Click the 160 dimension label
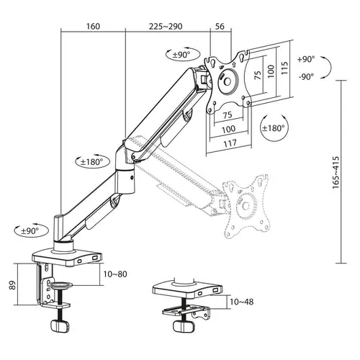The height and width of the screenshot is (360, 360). tap(92, 26)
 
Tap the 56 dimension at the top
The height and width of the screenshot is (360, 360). tap(220, 26)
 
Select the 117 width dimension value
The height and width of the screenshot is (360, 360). tap(229, 143)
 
